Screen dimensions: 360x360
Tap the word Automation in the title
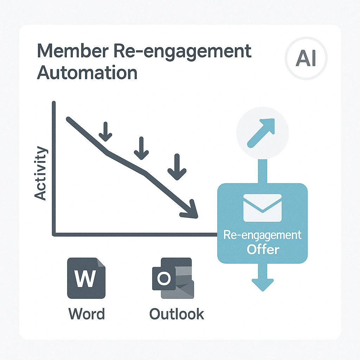click(x=87, y=73)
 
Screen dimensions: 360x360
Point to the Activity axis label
click(x=41, y=173)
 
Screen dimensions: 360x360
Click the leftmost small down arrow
click(x=105, y=131)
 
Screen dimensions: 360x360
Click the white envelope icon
click(x=262, y=208)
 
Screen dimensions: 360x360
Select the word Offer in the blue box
click(x=263, y=249)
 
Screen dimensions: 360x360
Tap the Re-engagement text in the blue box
click(x=263, y=235)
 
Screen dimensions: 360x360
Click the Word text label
click(x=86, y=313)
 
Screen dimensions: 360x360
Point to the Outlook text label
click(x=176, y=313)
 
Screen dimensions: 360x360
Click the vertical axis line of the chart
click(x=54, y=169)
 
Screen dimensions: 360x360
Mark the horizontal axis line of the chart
click(x=134, y=234)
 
